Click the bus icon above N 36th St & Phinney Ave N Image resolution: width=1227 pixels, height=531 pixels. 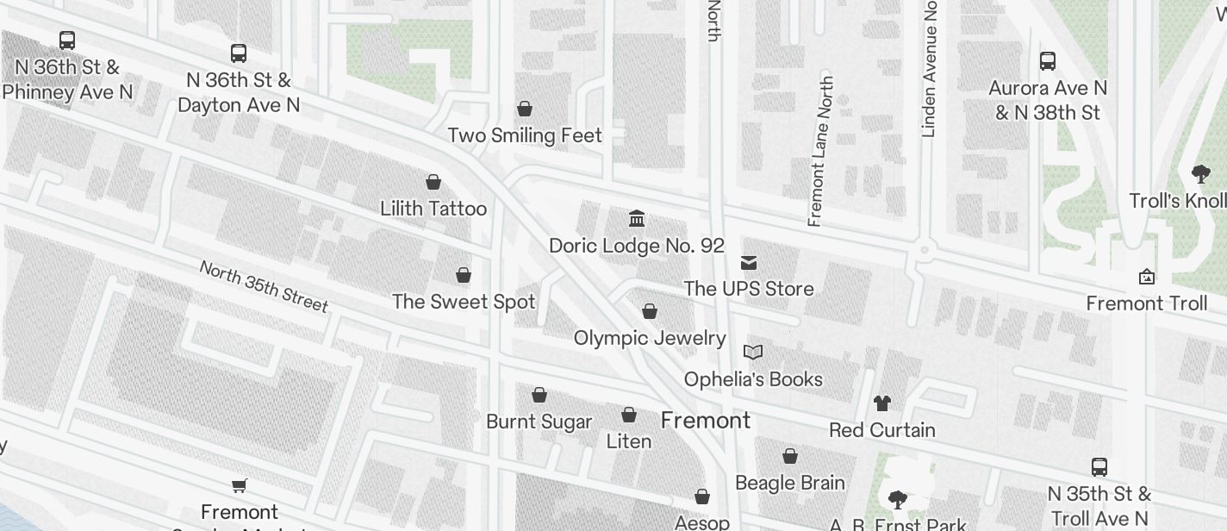coord(66,40)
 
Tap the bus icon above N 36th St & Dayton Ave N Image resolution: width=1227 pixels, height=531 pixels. coord(239,53)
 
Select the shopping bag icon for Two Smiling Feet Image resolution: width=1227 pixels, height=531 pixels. coord(524,109)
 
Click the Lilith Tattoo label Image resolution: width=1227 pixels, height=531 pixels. coord(433,209)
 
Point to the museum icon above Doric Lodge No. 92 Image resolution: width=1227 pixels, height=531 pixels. coord(637,218)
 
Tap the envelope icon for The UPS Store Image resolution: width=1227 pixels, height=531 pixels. coord(749,263)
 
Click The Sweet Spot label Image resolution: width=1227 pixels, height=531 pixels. coord(464,302)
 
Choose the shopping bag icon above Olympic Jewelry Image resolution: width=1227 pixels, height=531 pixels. coord(650,311)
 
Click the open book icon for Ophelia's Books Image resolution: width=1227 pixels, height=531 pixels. coord(753,352)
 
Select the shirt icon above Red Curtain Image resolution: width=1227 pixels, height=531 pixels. coord(881,403)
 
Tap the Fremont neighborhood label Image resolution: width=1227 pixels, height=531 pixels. coord(706,421)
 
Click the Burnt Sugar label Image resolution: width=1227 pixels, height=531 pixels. coord(539,422)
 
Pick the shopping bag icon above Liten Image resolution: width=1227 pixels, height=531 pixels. coord(629,415)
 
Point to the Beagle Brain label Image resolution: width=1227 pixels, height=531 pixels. coord(790,483)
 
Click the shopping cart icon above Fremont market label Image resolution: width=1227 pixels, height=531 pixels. coord(240,486)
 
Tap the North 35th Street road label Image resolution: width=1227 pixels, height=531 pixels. coord(264,285)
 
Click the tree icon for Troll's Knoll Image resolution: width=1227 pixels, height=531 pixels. coord(1200,175)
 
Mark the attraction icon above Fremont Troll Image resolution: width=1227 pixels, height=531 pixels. coord(1146,277)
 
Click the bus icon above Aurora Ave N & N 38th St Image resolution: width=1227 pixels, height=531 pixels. coord(1048,61)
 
